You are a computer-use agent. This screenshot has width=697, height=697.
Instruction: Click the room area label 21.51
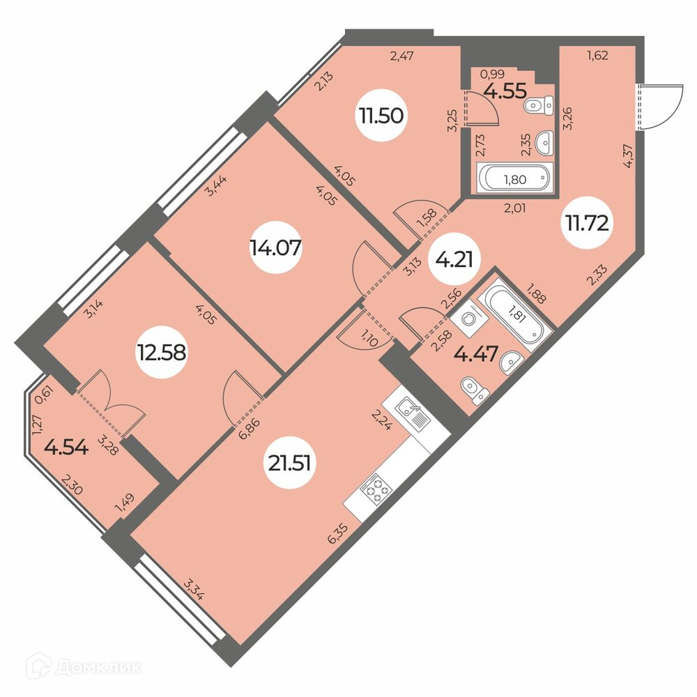[x=289, y=464]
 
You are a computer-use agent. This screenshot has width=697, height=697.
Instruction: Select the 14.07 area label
[x=275, y=247]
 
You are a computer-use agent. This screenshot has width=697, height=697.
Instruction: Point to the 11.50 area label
[x=381, y=116]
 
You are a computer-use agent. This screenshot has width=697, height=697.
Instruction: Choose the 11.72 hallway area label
[x=587, y=222]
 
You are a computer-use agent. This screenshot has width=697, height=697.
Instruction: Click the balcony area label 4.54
[x=66, y=447]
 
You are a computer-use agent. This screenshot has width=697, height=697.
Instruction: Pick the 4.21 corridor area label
[x=453, y=259]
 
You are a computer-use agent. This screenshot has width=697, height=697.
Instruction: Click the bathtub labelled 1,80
[x=515, y=178]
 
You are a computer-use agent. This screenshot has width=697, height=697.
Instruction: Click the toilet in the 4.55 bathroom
[x=539, y=105]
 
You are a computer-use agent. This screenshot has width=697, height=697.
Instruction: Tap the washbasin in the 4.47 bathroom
[x=511, y=362]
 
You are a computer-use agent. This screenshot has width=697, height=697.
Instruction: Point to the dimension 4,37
[x=629, y=157]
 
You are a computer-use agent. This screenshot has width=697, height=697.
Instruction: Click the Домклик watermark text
[x=99, y=667]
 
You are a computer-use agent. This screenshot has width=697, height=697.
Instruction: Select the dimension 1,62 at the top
[x=597, y=56]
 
